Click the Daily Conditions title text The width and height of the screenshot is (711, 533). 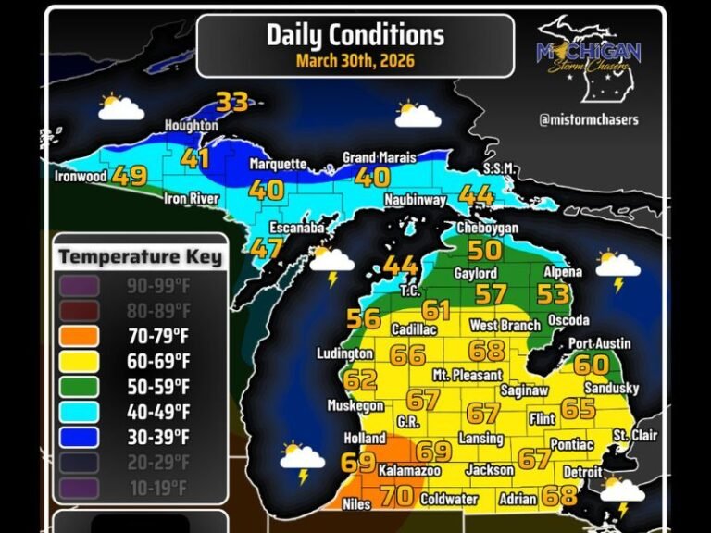[355, 35]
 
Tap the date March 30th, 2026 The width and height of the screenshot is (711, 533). [355, 61]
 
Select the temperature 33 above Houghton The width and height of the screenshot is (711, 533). [231, 101]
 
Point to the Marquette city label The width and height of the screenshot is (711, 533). [278, 164]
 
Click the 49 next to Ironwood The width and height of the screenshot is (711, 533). [130, 175]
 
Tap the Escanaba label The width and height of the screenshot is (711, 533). [296, 227]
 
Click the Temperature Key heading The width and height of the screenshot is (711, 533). [141, 256]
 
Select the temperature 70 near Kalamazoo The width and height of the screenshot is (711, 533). [397, 495]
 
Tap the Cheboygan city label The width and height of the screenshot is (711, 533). [487, 228]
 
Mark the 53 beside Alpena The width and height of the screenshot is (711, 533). [553, 294]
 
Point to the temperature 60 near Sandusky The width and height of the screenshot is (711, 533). [591, 364]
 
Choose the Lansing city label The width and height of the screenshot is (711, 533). [480, 438]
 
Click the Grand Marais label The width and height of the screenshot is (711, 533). [379, 158]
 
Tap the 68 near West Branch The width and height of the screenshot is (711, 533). [487, 350]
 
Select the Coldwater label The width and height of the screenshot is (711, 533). [449, 499]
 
